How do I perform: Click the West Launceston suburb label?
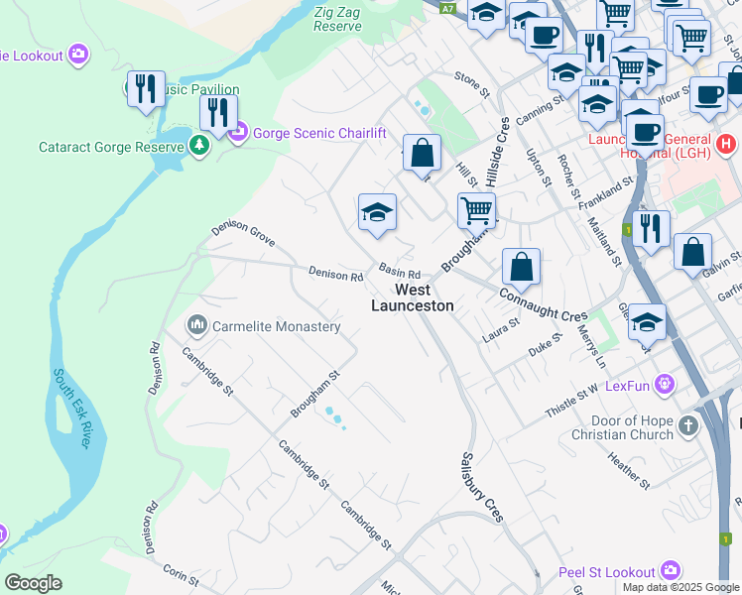412,297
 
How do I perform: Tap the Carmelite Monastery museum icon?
196,325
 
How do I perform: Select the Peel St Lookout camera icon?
671,571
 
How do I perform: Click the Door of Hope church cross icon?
688,426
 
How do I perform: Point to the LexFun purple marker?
664,384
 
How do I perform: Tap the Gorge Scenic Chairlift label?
317,132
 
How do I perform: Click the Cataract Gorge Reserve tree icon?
200,147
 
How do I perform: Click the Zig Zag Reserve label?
337,19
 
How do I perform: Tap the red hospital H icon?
726,144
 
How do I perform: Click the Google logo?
33,583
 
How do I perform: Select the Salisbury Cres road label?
481,487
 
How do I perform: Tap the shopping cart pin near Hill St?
476,209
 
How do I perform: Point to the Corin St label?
181,572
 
